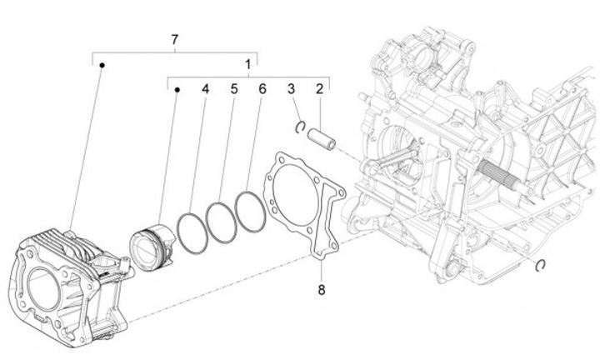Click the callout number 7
point(174,40)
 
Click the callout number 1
point(247,64)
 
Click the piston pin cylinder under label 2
point(322,136)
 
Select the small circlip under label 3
point(299,126)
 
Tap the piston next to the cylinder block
point(151,242)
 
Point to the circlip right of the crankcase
point(540,264)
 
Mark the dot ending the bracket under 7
point(101,64)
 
